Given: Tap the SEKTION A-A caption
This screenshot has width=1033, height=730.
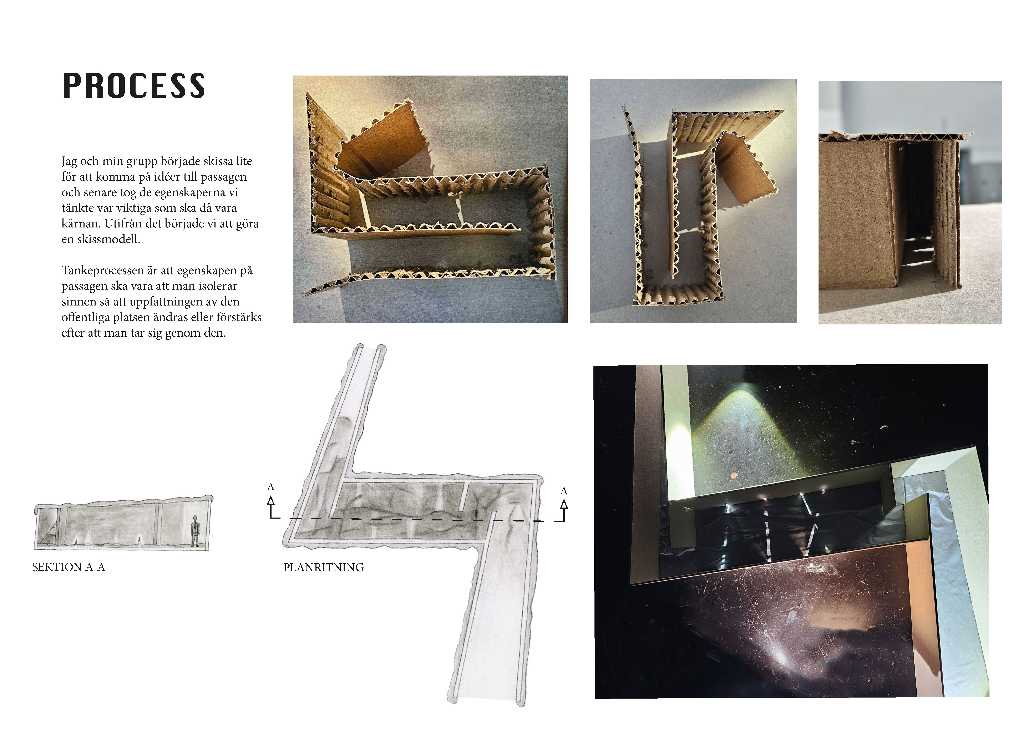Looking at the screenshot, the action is coord(69,567).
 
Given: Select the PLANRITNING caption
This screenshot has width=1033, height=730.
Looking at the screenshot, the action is coord(324,568).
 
